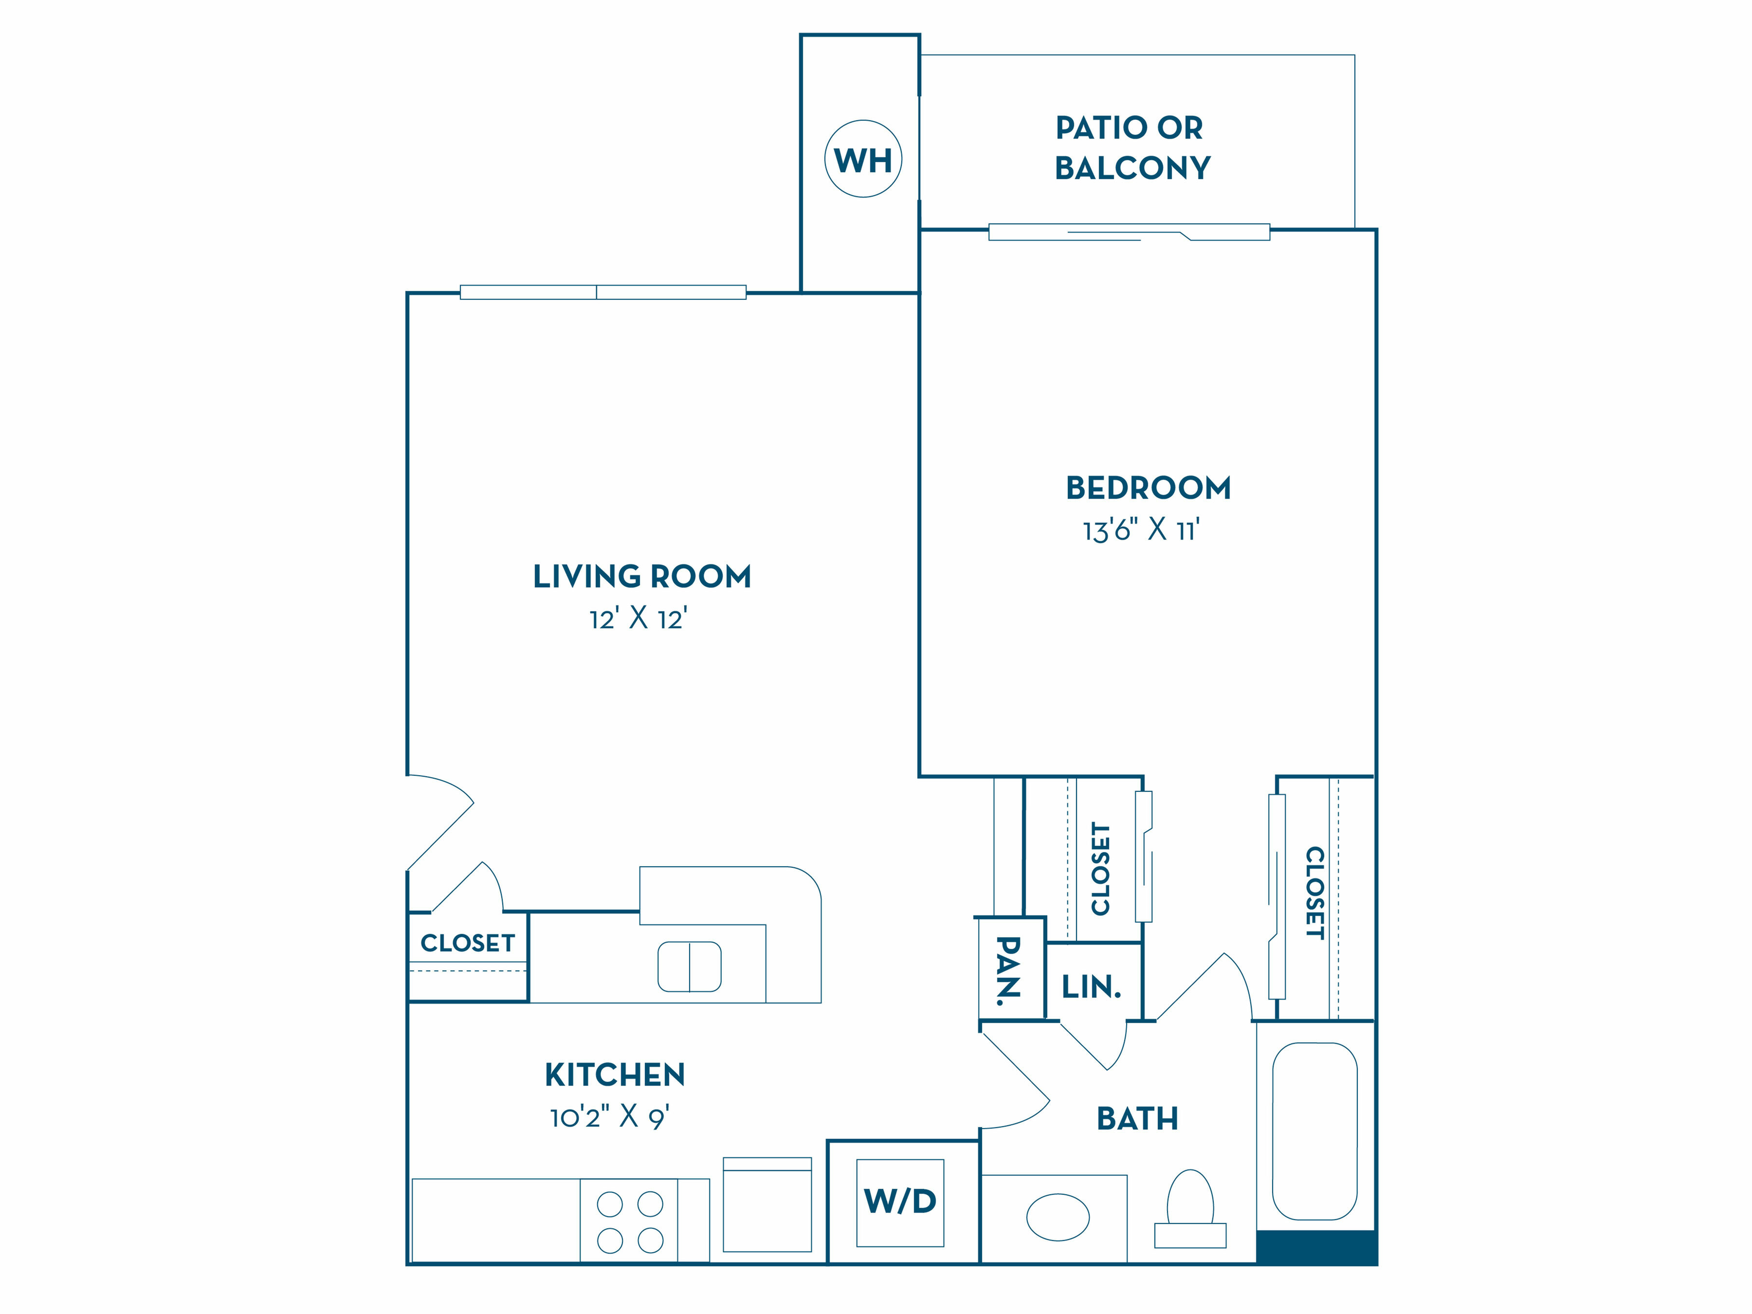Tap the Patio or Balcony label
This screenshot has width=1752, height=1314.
tap(1132, 147)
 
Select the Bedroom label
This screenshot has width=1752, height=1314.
tap(1149, 488)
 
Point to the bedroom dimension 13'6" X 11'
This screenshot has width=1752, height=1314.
tap(1141, 530)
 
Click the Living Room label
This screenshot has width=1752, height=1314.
tap(641, 577)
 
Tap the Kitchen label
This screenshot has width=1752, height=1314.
tap(615, 1075)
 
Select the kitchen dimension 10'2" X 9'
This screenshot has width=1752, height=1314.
tap(610, 1117)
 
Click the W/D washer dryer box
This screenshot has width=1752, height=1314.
tap(900, 1203)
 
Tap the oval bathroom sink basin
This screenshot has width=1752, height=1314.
tap(1058, 1217)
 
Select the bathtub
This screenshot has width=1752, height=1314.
tap(1315, 1131)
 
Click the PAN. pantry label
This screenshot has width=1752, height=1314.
tap(1008, 970)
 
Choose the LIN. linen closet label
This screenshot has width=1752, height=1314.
tap(1092, 987)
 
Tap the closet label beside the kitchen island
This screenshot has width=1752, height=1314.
tap(467, 943)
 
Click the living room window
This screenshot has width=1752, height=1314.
tap(603, 292)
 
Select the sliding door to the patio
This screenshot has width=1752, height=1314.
tap(1130, 232)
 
